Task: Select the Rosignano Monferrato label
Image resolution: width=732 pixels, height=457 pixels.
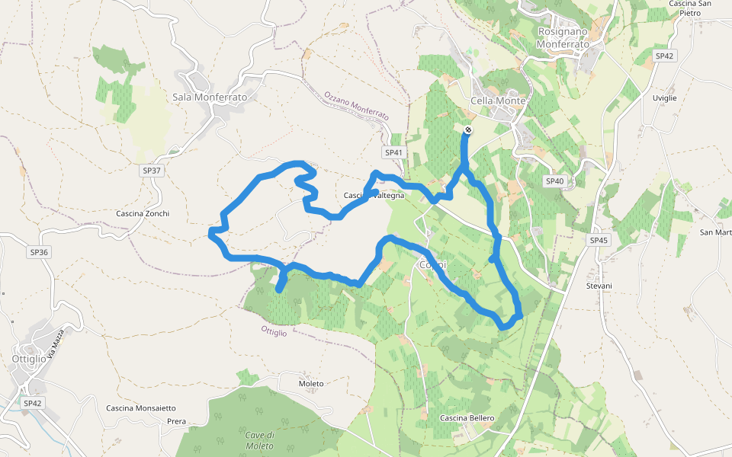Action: [x=564, y=38]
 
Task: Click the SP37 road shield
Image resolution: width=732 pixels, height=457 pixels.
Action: [x=152, y=171]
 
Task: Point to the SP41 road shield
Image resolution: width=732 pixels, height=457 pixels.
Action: [x=393, y=152]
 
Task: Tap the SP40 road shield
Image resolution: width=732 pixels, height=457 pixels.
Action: [x=554, y=181]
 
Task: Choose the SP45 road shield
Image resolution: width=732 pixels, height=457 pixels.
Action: [x=599, y=240]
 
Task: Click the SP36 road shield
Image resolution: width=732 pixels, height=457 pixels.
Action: [x=39, y=251]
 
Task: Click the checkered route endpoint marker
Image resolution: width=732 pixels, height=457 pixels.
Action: [x=468, y=130]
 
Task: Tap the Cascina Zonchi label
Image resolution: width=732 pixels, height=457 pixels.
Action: [x=143, y=213]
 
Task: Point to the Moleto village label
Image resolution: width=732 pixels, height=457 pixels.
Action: [x=311, y=383]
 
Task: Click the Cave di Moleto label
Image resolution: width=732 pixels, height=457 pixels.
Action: [x=259, y=439]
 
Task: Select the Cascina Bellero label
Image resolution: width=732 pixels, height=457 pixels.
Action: [x=467, y=418]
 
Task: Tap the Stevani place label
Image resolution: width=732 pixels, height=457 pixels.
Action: [x=599, y=286]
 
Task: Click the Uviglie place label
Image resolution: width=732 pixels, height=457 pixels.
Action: [x=664, y=97]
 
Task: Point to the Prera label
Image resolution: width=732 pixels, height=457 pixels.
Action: [x=176, y=421]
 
